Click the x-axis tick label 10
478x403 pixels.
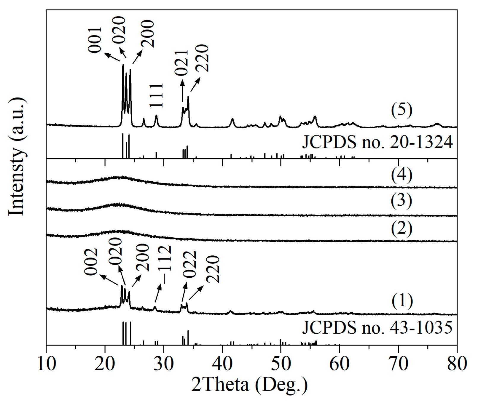tap(47, 364)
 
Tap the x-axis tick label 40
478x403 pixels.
tap(222, 364)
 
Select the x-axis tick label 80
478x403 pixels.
tap(457, 364)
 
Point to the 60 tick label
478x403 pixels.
tap(340, 364)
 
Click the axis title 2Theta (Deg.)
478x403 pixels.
tap(249, 385)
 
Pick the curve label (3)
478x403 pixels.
tap(401, 201)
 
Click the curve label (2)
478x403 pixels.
tap(401, 228)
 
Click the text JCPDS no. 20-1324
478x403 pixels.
tap(377, 142)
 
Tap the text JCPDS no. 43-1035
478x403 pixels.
tap(377, 327)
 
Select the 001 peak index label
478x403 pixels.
tap(95, 40)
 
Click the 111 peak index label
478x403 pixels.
tap(156, 95)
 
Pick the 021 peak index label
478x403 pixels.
tap(181, 63)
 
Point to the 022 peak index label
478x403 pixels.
tap(189, 264)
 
